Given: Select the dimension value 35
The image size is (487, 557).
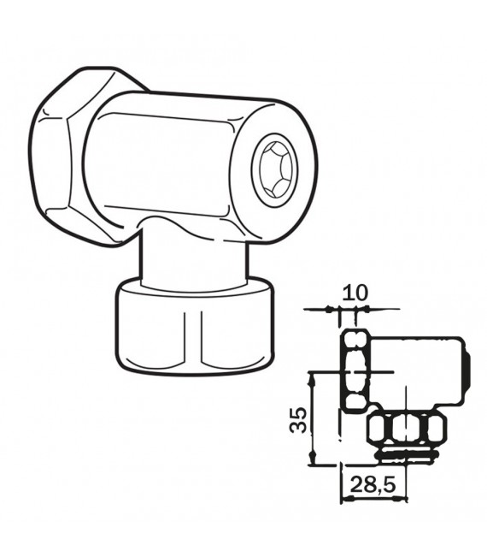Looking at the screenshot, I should [x=297, y=418].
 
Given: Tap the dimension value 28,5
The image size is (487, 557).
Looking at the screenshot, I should [x=374, y=484].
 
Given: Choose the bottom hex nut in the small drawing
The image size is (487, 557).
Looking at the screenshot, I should [x=405, y=427].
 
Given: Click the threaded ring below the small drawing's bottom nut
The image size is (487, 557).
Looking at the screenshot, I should [x=407, y=454].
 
